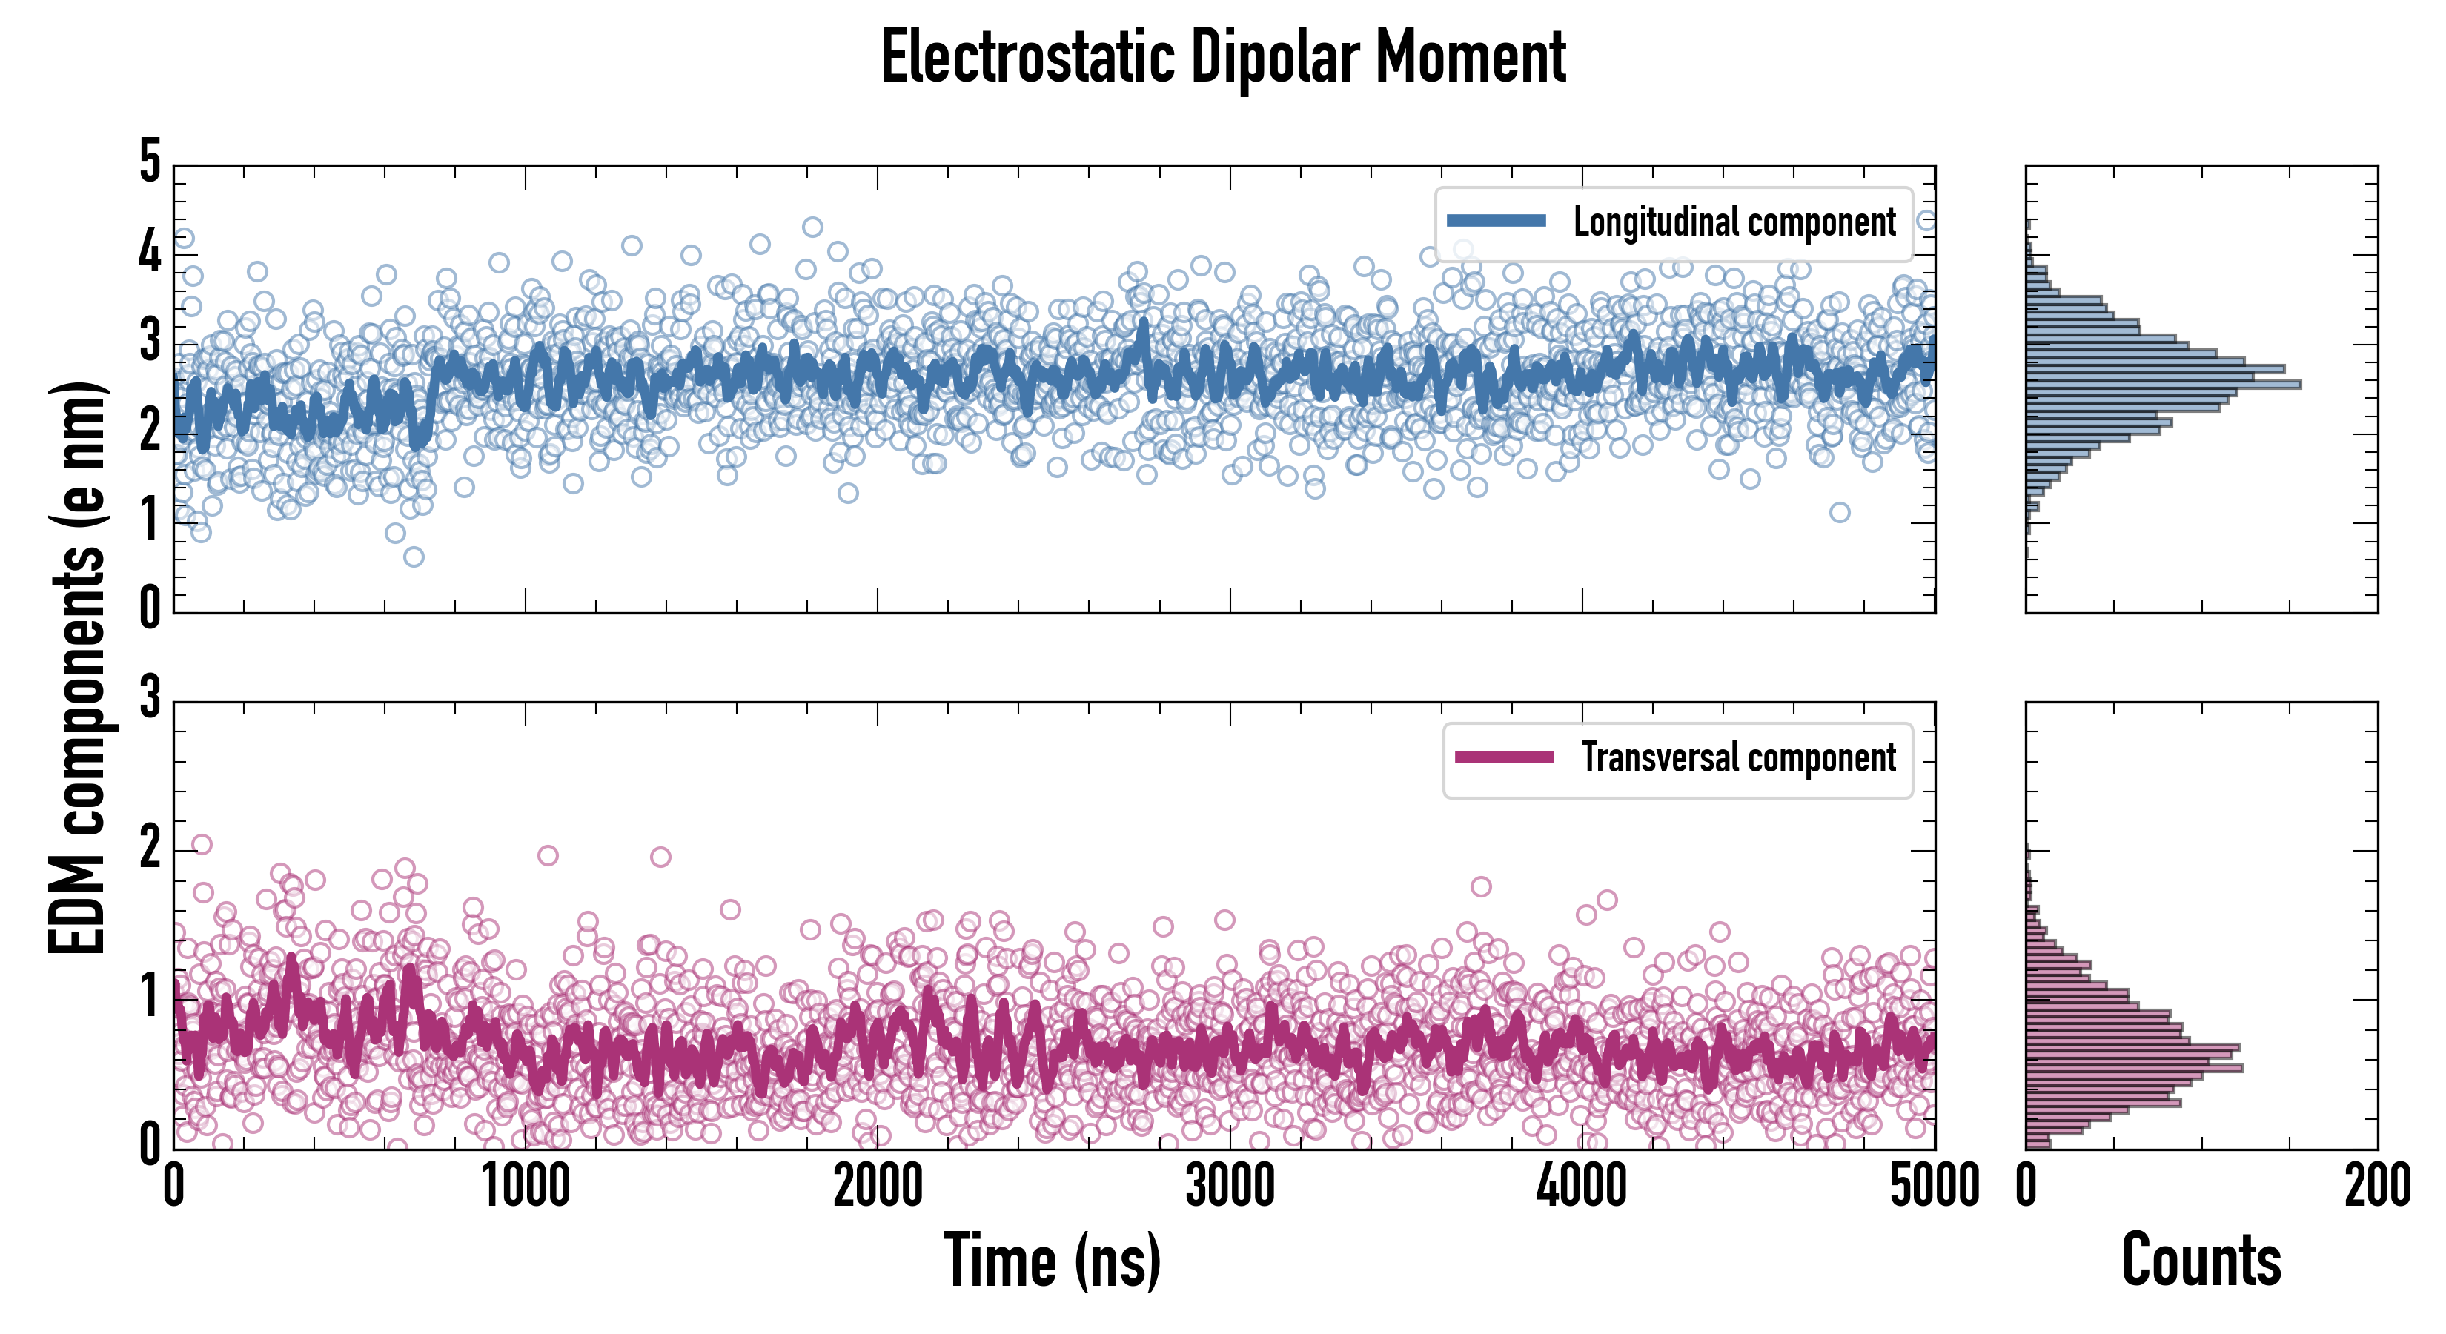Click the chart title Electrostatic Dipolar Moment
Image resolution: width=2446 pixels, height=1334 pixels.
tap(1223, 57)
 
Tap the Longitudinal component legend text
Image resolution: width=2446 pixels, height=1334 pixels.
tap(1734, 222)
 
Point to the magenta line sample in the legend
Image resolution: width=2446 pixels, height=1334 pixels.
tap(1504, 757)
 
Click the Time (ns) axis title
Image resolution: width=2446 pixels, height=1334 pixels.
tap(1052, 1261)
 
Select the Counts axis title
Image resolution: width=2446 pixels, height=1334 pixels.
tap(2201, 1261)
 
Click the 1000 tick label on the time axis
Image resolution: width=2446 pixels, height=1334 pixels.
tap(526, 1187)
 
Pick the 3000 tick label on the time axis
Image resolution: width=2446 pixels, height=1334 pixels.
tap(1230, 1187)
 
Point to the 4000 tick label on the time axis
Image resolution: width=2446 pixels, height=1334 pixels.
tap(1582, 1187)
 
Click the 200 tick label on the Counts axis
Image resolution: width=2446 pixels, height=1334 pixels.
tap(2376, 1187)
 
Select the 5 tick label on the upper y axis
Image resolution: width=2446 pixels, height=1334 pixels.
tap(150, 162)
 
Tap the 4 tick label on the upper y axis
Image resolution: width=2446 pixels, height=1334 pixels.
tap(150, 253)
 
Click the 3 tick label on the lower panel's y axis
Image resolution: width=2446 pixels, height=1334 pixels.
tap(150, 698)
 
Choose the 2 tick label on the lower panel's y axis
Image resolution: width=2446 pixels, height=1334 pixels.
tap(150, 848)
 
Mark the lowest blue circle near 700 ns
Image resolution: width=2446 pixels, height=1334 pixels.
tap(413, 557)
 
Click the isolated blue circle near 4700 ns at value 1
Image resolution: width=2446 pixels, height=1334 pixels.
tap(1839, 513)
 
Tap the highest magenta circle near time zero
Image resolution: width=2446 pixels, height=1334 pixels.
tap(202, 844)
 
